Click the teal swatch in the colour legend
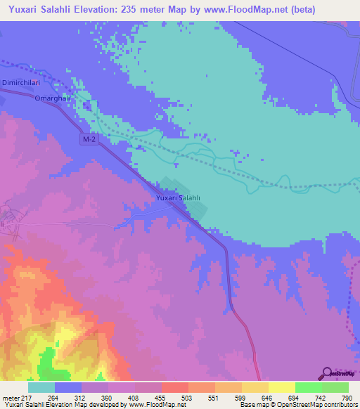[x=41, y=387]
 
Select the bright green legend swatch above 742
[x=308, y=387]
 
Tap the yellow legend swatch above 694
[x=281, y=387]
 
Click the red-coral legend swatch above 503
[x=174, y=387]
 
